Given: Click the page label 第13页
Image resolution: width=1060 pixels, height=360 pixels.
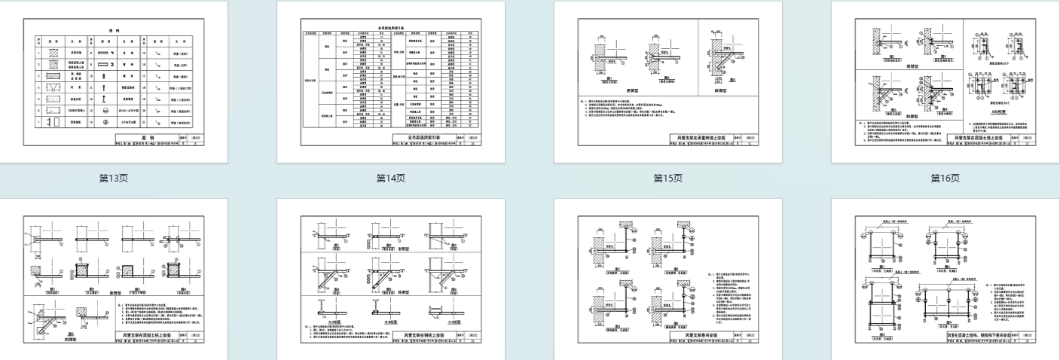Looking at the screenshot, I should (x=114, y=178).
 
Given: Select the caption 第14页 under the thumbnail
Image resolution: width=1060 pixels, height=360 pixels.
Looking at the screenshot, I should (x=391, y=178).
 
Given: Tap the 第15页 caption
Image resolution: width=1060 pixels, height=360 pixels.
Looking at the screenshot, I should (x=668, y=178).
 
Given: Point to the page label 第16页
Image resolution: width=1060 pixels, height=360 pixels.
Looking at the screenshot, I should (x=945, y=178).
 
